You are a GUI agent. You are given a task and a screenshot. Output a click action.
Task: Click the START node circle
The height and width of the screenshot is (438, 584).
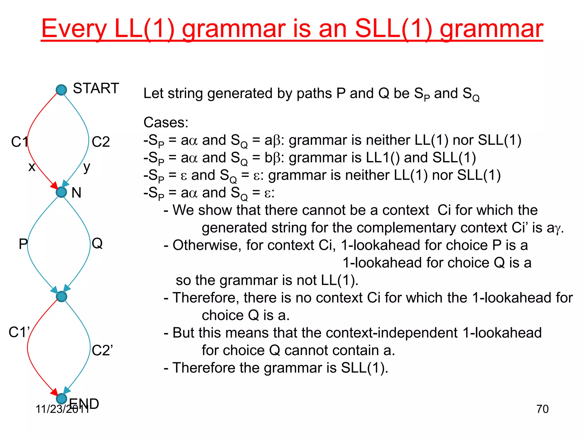(61, 90)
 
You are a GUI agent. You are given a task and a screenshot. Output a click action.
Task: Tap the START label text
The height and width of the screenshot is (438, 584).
(96, 88)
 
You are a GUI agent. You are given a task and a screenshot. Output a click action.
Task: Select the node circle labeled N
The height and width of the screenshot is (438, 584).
(61, 192)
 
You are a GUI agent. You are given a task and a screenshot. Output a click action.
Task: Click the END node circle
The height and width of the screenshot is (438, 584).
(61, 398)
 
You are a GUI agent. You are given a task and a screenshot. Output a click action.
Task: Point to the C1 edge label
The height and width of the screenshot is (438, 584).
(19, 142)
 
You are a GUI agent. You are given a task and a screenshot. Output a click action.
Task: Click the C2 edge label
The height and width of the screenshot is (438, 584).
(101, 142)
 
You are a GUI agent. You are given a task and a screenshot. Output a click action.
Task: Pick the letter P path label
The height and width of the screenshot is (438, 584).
(23, 244)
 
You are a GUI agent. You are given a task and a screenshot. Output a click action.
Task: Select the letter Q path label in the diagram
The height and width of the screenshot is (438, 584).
(97, 243)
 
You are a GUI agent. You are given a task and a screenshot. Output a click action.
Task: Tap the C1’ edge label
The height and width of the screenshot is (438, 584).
(19, 332)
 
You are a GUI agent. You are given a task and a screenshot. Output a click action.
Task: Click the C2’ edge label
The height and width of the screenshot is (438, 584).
(102, 350)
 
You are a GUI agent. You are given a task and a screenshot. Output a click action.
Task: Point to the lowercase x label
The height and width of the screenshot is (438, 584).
(32, 167)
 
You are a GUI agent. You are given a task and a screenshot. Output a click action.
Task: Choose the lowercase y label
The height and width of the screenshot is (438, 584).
(87, 167)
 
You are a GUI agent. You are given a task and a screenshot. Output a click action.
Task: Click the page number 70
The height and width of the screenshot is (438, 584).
(542, 409)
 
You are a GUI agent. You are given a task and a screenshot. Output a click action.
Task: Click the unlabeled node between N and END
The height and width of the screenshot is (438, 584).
(61, 297)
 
